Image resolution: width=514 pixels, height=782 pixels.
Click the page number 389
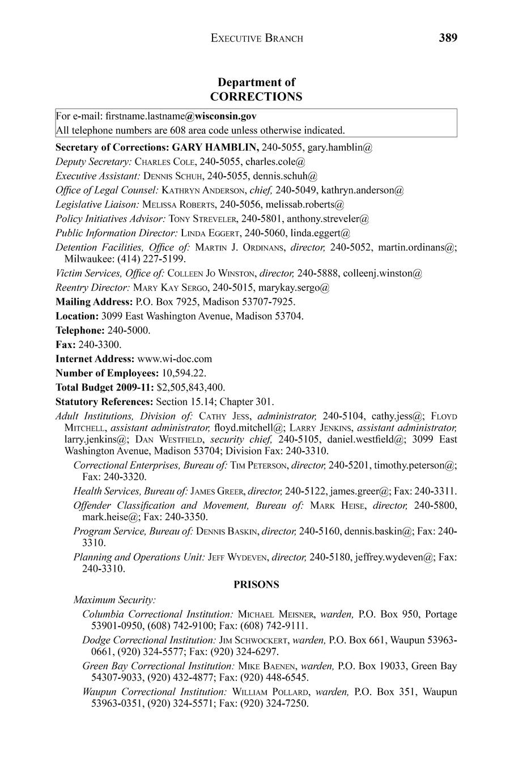point(447,38)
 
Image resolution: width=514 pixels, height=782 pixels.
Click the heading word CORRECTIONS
point(256,96)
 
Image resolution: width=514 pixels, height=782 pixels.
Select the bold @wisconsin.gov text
point(220,116)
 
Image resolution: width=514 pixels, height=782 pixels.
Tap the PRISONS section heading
point(256,584)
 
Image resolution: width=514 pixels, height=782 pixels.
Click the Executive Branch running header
point(257,39)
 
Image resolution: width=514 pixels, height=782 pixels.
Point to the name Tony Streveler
point(202,218)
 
